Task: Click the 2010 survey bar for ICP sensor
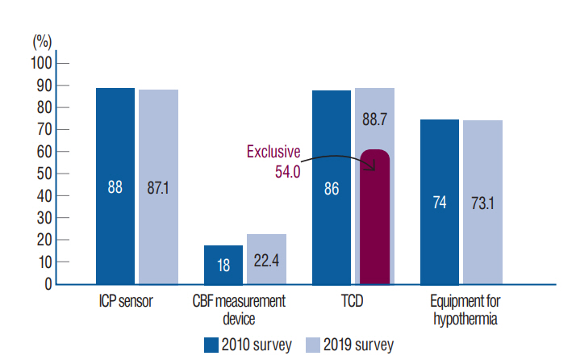[115, 186]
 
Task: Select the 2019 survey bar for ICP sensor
[158, 186]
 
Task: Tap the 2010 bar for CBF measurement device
[223, 265]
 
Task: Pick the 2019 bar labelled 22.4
[266, 259]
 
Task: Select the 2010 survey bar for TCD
[332, 187]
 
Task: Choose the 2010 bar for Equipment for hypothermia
[440, 202]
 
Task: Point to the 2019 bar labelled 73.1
[482, 202]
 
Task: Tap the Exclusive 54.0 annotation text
[273, 161]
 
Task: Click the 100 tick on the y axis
[41, 64]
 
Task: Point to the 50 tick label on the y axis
[44, 174]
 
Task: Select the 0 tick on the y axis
[48, 285]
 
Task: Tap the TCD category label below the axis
[353, 302]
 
